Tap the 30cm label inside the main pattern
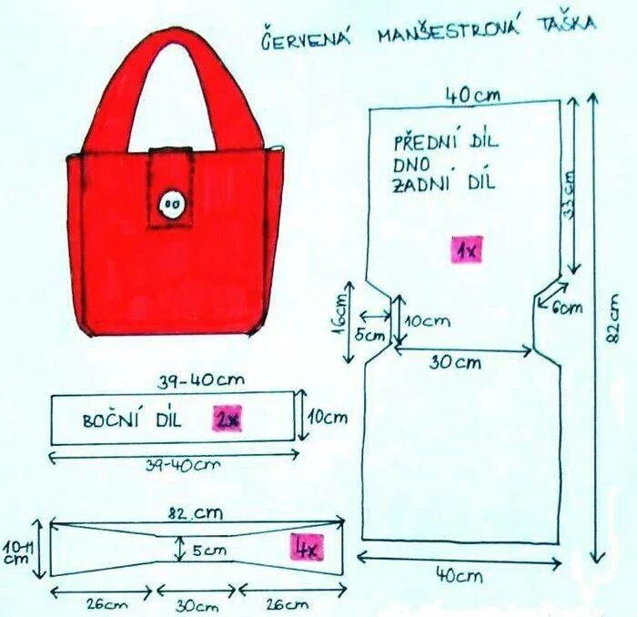[456, 361]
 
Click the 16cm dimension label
[339, 313]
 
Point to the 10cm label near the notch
[427, 320]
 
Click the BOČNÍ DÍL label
[133, 420]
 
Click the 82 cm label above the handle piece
[195, 513]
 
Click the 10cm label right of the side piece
[327, 418]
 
